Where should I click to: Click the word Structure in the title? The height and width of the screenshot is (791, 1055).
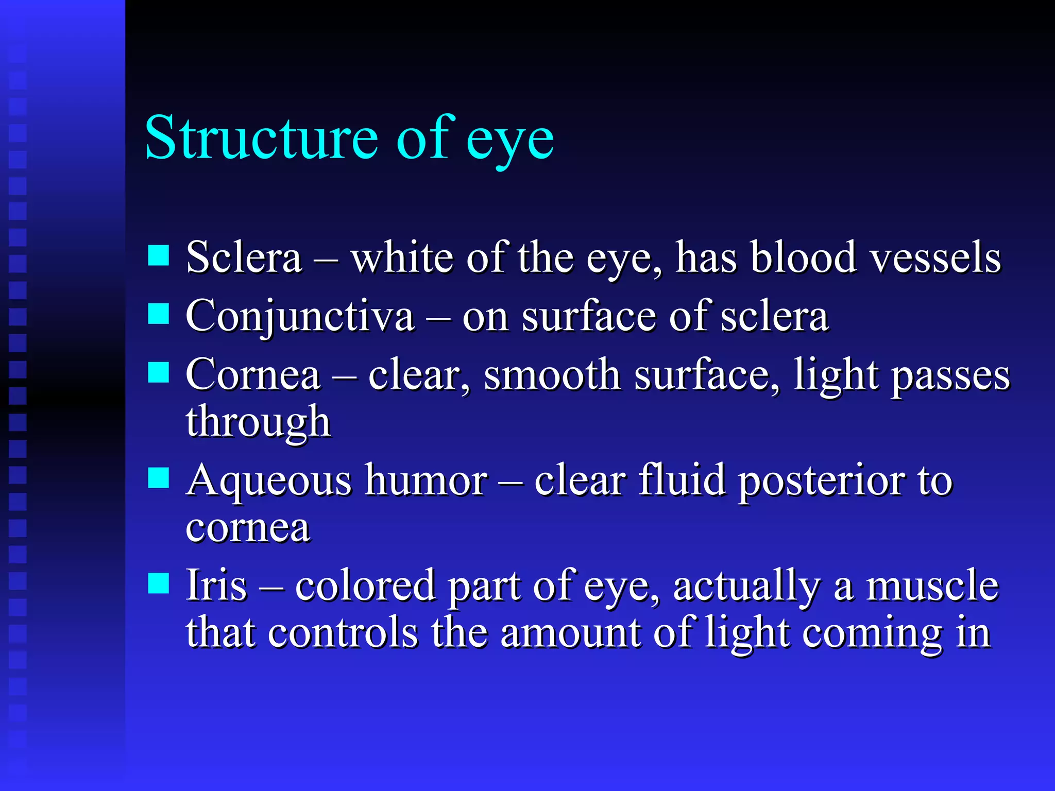262,138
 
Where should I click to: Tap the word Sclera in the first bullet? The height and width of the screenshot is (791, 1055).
243,257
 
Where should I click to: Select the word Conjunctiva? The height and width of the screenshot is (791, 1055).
299,316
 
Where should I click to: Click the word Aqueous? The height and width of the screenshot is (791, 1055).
269,480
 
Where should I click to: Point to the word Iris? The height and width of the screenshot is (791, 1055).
216,586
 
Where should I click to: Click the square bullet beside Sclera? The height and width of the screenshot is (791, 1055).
159,255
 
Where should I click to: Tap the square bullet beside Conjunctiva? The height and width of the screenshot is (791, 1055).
159,313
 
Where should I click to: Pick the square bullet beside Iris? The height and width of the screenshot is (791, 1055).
159,583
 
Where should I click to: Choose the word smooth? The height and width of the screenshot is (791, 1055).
552,375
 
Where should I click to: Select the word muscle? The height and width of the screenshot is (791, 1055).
932,586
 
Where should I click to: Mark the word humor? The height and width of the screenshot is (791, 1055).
427,480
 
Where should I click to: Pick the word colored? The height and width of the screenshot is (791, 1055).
365,586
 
